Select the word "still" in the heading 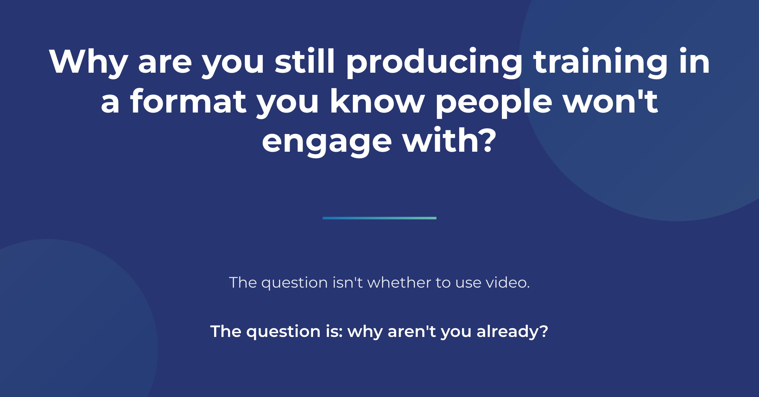[305, 60]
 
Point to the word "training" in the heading [601, 63]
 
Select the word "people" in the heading [494, 103]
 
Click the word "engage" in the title [327, 142]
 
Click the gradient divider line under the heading [379, 218]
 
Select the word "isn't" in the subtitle [348, 282]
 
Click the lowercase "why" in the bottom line [365, 333]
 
